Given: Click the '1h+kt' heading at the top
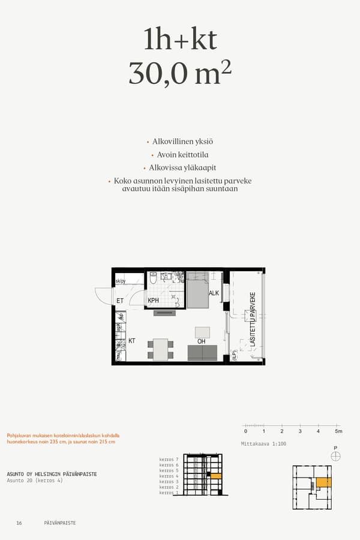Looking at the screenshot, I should pos(180,40).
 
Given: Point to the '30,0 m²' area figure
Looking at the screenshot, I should pos(180,72).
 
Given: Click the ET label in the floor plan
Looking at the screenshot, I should pos(120,301).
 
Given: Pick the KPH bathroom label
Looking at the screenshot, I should pos(153,301).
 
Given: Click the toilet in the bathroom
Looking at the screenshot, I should pos(153,277).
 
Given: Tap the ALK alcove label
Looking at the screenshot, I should pos(214,293).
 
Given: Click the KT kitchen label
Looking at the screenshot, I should pos(132,341).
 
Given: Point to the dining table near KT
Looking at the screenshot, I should pos(160,349).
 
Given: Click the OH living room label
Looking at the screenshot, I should pos(202,341).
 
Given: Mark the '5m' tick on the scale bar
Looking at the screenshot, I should pos(338,431).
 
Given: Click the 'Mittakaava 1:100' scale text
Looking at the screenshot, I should pos(263,444).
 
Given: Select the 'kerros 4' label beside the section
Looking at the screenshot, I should pos(169,476).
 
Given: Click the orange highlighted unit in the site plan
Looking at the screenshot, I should pos(323,482).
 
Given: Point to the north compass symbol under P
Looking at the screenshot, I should pos(335,456).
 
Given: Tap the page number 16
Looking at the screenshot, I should pos(19,523).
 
